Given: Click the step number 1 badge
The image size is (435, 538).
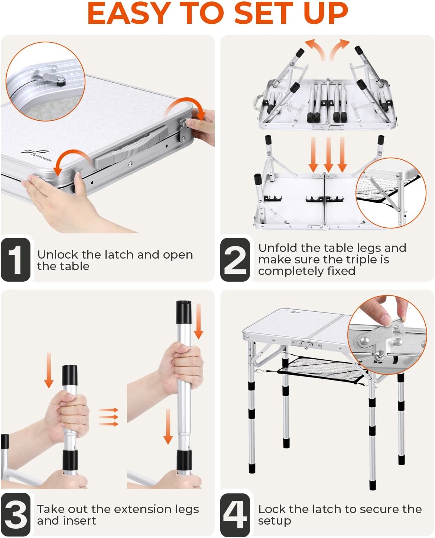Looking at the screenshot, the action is point(16,259).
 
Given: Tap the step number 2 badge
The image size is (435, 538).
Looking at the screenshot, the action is point(235,259).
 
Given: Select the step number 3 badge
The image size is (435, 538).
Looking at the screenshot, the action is point(16,514).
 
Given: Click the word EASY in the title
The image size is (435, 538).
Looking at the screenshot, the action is point(129,13).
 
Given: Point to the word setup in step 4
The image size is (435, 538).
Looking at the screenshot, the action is point(275,521).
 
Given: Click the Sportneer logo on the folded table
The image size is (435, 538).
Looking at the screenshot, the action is point(37,155).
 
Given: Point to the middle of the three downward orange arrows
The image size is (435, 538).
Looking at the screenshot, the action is point(328,155).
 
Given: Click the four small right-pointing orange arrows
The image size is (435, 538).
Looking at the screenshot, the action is point(108,417).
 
